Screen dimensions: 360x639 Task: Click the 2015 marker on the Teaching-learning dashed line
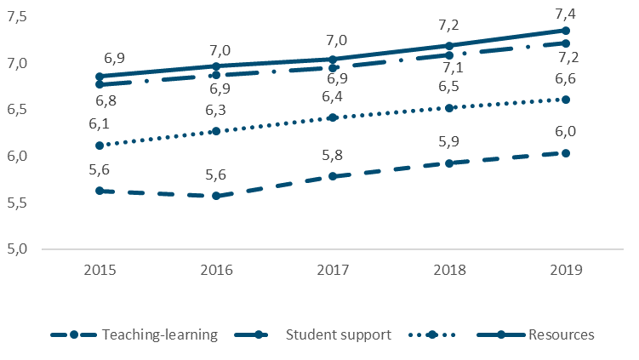[x=100, y=191]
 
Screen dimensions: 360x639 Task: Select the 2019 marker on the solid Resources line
[x=566, y=30]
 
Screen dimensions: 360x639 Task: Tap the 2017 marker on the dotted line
[x=333, y=117]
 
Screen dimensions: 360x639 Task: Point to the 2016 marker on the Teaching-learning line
[x=216, y=196]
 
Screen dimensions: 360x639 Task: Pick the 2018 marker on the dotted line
[x=449, y=108]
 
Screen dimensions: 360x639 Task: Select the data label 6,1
[x=100, y=125]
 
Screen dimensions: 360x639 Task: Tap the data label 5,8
[x=333, y=156]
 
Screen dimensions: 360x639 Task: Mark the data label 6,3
[x=216, y=111]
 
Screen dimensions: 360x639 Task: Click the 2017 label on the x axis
[x=333, y=271]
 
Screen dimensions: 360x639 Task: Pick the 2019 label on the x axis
[x=566, y=271]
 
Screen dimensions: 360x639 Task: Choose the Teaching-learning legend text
[x=160, y=334]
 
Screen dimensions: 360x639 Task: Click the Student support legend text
[x=339, y=334]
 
